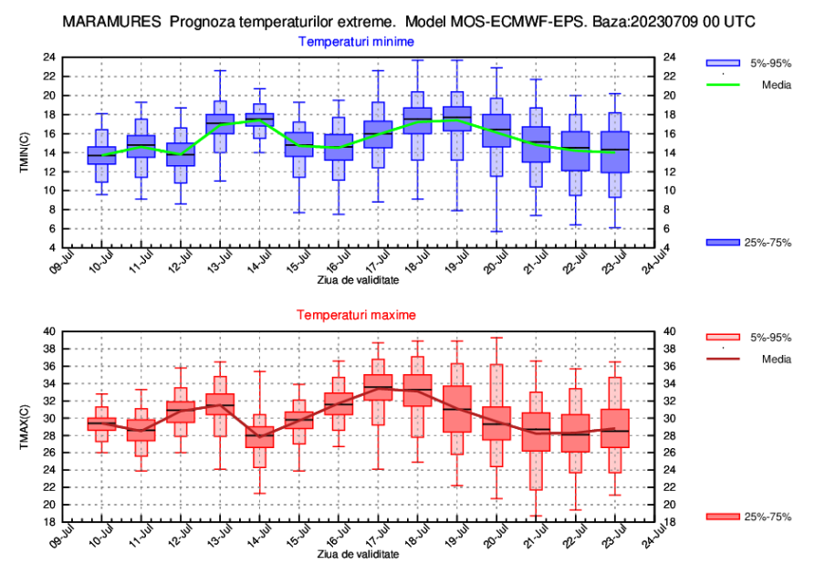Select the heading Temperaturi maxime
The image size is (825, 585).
[356, 315]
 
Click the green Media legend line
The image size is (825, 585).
[724, 85]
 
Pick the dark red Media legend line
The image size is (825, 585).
[724, 359]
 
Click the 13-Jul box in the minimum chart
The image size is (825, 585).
[220, 123]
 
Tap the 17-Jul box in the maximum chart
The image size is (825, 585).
[378, 387]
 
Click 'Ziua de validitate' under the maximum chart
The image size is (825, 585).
[358, 554]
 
